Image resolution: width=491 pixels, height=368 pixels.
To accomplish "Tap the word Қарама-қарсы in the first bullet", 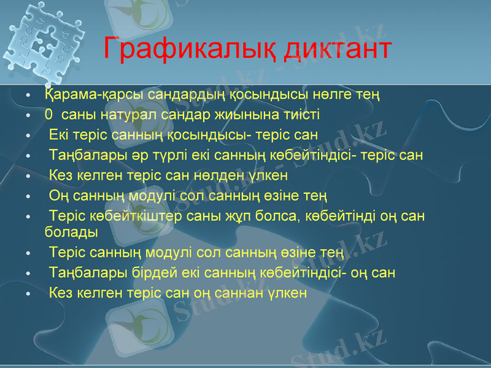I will [x=81, y=95].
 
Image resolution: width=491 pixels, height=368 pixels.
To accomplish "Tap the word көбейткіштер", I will [x=130, y=217].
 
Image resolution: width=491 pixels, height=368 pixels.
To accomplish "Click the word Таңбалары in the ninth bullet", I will [x=79, y=272].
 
